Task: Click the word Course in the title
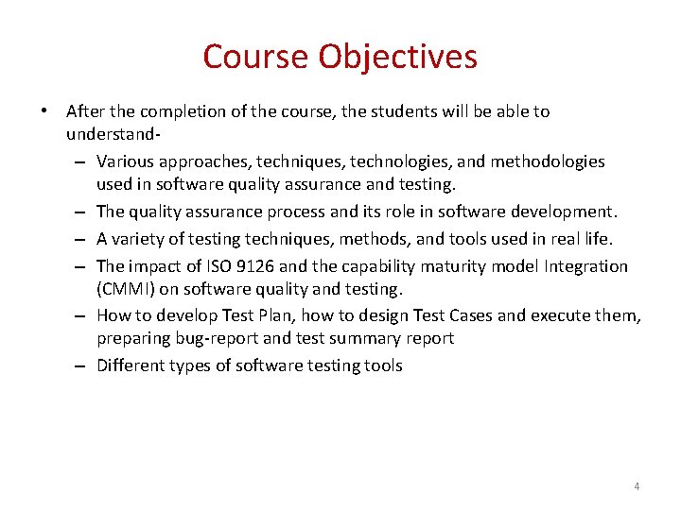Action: point(256,57)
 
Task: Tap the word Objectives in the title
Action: point(397,57)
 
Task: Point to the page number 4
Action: point(637,486)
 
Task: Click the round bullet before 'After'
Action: point(45,111)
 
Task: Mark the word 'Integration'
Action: point(584,266)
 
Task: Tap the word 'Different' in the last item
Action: point(132,365)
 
